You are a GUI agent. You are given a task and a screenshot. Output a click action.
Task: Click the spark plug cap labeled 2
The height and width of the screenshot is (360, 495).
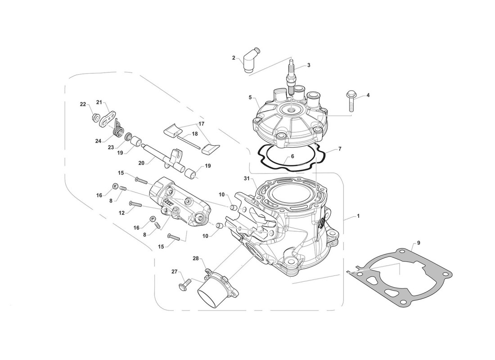click(x=249, y=62)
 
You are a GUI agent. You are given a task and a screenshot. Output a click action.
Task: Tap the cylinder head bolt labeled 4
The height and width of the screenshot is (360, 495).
click(x=351, y=101)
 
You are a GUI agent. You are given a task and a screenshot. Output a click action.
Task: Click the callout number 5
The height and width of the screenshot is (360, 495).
click(x=250, y=97)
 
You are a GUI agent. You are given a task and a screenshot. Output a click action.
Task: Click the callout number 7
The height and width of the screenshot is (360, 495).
click(x=340, y=148)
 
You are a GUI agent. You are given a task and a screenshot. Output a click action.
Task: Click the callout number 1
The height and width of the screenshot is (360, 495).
click(x=358, y=216)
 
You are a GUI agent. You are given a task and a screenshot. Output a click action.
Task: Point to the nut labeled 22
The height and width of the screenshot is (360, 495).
click(x=95, y=117)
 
